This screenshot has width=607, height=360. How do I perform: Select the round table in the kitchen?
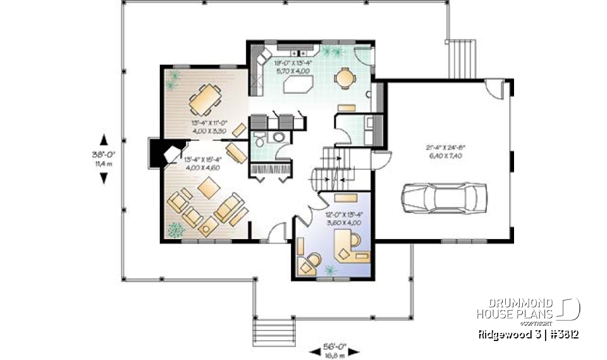345,77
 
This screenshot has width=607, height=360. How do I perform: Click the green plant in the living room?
175,230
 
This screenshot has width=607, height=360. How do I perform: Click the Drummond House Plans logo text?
515,309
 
